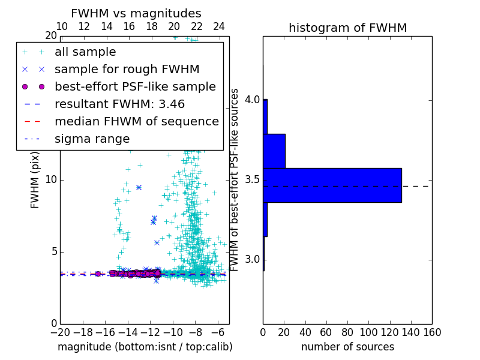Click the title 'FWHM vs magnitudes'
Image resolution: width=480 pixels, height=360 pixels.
[136, 13]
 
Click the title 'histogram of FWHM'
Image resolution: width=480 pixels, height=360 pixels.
[347, 28]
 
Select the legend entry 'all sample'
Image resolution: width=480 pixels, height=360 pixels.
[85, 52]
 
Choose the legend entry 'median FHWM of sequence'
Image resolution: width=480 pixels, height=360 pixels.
[136, 121]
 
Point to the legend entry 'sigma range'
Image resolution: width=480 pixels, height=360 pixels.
[92, 139]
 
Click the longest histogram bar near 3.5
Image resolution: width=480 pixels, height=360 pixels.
[332, 185]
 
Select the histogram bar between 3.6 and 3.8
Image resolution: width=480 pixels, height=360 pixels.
[274, 151]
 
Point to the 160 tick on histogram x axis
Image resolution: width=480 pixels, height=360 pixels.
[432, 332]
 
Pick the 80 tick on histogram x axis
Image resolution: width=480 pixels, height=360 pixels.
[347, 332]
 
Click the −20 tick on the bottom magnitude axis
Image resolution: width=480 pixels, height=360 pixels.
[60, 332]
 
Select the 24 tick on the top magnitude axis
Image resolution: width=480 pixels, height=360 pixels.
[219, 26]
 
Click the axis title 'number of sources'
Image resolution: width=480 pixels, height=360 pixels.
[347, 347]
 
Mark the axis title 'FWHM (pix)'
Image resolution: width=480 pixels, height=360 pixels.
[35, 179]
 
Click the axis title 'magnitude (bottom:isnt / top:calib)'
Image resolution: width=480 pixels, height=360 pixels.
[145, 347]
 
